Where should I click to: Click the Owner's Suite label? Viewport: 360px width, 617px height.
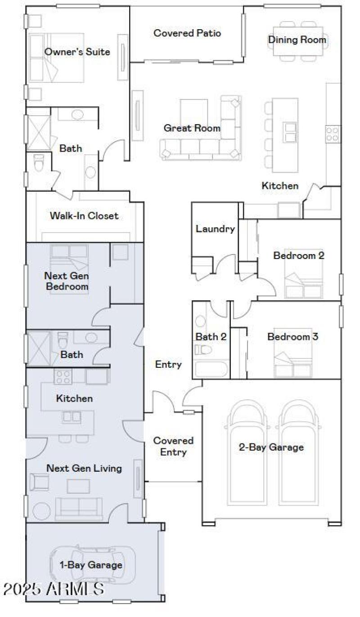click(x=77, y=52)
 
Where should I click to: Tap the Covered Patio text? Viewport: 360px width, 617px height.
click(x=187, y=33)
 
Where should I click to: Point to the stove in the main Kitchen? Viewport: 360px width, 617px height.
click(x=333, y=134)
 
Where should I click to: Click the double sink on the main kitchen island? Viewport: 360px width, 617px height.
click(x=290, y=131)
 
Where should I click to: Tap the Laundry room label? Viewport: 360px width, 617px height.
click(x=215, y=229)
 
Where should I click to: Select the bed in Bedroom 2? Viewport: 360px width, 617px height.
click(x=304, y=281)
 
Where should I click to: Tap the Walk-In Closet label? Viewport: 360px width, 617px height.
click(x=84, y=216)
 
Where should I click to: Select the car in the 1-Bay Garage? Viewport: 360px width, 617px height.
click(x=92, y=565)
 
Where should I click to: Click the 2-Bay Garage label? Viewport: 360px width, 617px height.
click(x=271, y=447)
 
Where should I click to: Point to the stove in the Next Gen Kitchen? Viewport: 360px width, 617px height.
click(x=63, y=376)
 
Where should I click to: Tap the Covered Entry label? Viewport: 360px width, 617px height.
click(x=173, y=447)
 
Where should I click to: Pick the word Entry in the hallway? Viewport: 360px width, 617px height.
click(x=168, y=364)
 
